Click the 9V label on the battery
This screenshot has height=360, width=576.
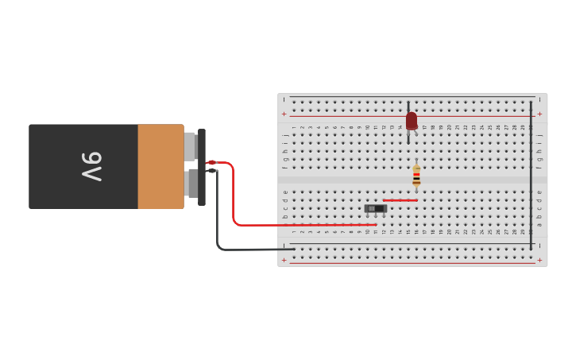pos(92,166)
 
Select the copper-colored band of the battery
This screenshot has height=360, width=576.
pos(160,167)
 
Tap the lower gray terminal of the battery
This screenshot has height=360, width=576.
pos(191,184)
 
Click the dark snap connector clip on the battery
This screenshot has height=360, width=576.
pos(202,167)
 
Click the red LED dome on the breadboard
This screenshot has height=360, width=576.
pos(411,120)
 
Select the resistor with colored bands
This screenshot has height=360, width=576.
pos(416,176)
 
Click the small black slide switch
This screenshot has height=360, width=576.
pos(376,208)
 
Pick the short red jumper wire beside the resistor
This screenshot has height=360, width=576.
pos(400,200)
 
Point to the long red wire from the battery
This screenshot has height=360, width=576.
pos(234,199)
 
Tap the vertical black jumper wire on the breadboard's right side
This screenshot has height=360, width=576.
pos(532,175)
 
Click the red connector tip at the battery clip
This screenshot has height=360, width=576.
pos(211,163)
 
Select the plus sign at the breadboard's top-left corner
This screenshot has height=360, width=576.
pos(284,114)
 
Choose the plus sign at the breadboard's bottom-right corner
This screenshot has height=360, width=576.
pos(539,260)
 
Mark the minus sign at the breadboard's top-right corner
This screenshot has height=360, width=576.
pos(539,100)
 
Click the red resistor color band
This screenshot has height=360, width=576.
pos(416,174)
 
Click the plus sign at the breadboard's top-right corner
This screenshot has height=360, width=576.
pos(539,114)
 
